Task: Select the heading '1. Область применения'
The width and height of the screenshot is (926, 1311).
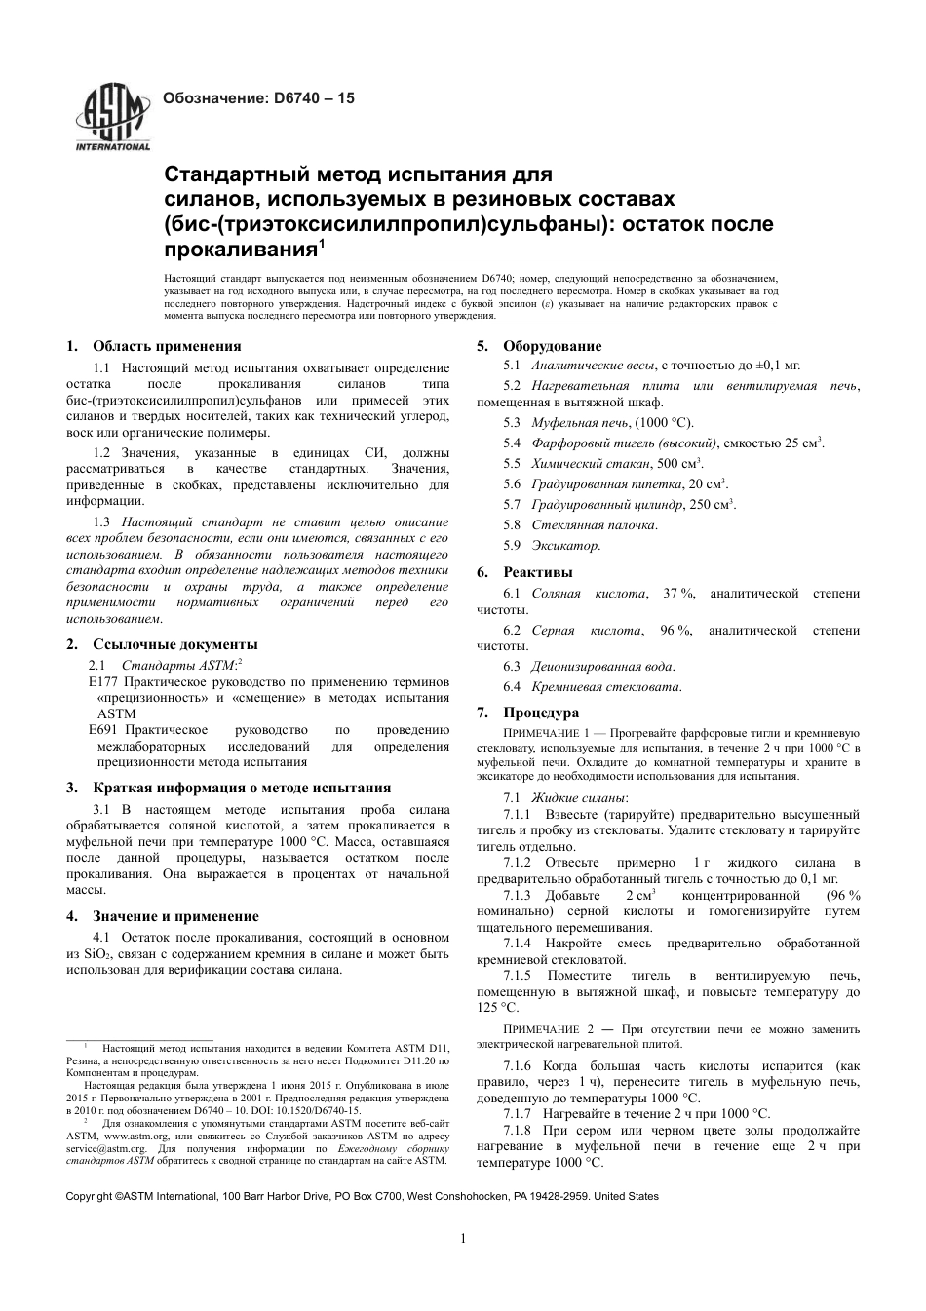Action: pyautogui.click(x=154, y=346)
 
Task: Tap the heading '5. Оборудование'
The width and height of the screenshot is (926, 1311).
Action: pyautogui.click(x=539, y=346)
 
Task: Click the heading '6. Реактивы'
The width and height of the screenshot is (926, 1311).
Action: pyautogui.click(x=524, y=572)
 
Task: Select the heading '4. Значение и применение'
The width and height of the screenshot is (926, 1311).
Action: pyautogui.click(x=163, y=916)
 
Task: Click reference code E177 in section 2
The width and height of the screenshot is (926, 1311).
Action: pyautogui.click(x=102, y=682)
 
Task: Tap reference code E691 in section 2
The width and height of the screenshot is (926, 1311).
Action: pyautogui.click(x=102, y=730)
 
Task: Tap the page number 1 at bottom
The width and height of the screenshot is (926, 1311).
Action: pyautogui.click(x=463, y=1239)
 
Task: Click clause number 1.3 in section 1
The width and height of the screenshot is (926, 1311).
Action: pyautogui.click(x=101, y=523)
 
